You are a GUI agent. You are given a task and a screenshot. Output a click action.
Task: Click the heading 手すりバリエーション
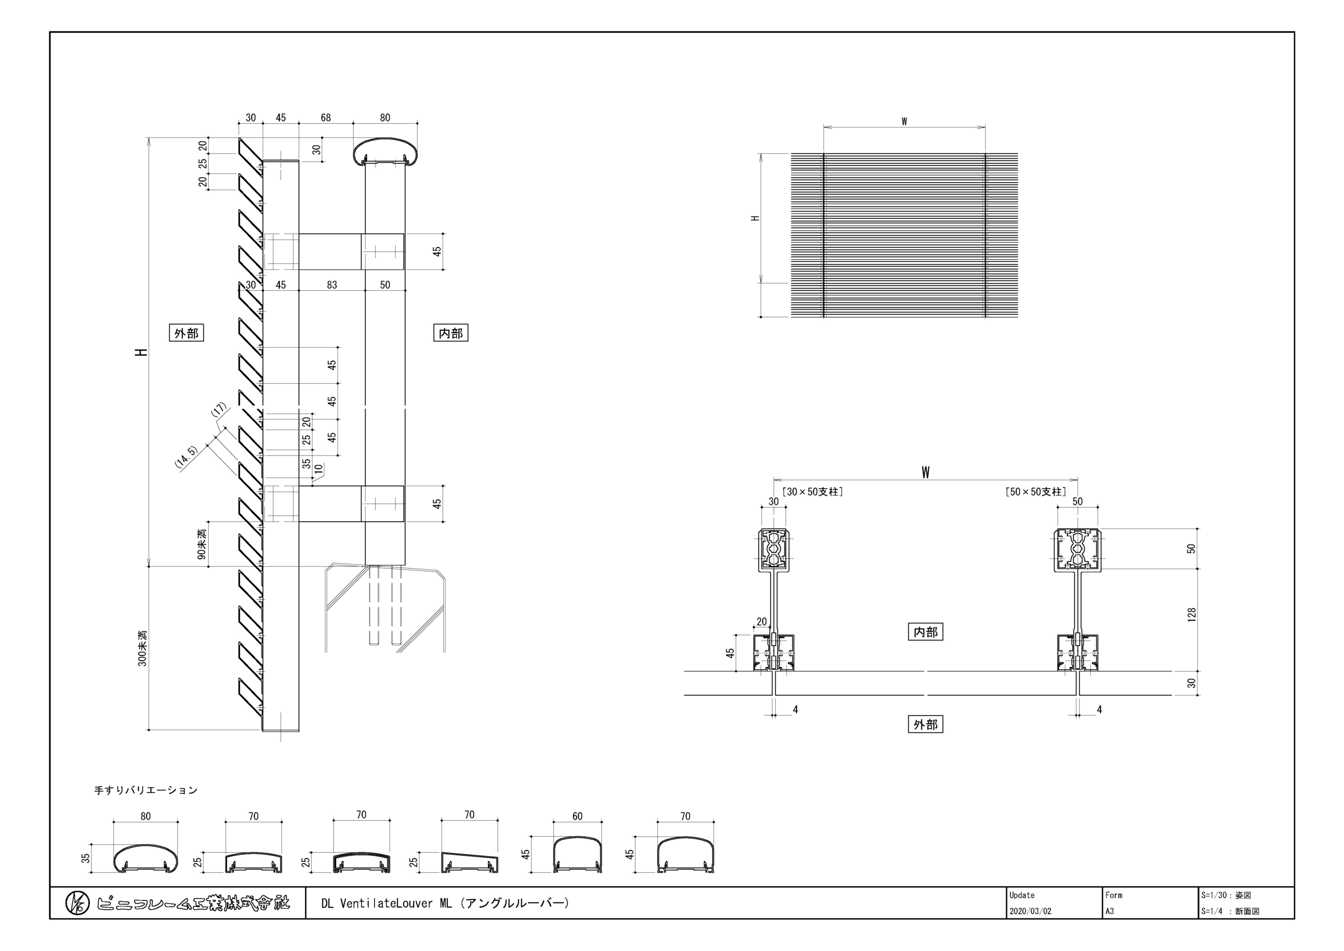tap(146, 790)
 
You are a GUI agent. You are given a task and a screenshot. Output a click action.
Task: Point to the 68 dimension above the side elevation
tap(325, 118)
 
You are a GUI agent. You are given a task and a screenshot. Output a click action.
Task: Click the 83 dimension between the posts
tap(332, 285)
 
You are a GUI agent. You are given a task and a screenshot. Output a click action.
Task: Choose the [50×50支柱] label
tap(1035, 492)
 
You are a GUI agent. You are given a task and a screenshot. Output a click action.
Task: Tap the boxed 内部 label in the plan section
tap(925, 632)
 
